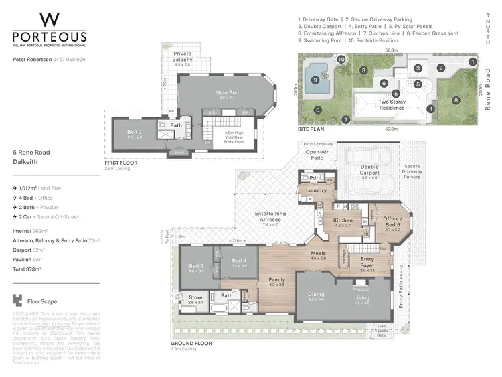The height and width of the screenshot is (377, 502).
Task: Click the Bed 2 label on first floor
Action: click(x=135, y=132)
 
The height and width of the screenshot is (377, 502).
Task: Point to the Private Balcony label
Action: click(x=183, y=56)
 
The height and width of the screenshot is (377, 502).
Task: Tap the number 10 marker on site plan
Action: click(x=341, y=60)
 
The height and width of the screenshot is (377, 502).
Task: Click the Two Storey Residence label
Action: click(x=392, y=104)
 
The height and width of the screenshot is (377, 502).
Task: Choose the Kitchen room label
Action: click(x=343, y=222)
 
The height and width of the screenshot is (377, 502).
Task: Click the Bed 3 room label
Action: click(x=195, y=267)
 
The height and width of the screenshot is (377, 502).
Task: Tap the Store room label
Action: click(x=195, y=299)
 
